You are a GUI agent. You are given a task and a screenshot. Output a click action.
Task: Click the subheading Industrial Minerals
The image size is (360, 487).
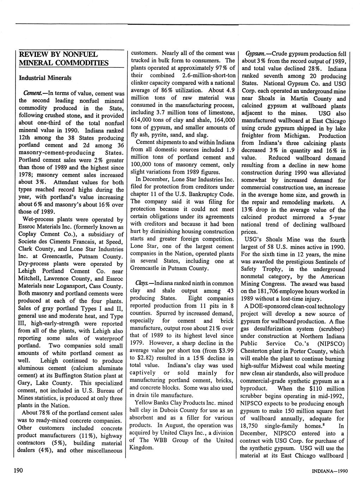tap(45, 77)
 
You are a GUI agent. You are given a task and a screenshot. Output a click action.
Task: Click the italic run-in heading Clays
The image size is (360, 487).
tap(142, 283)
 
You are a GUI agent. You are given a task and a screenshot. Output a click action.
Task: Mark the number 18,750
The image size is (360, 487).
tap(250, 426)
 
